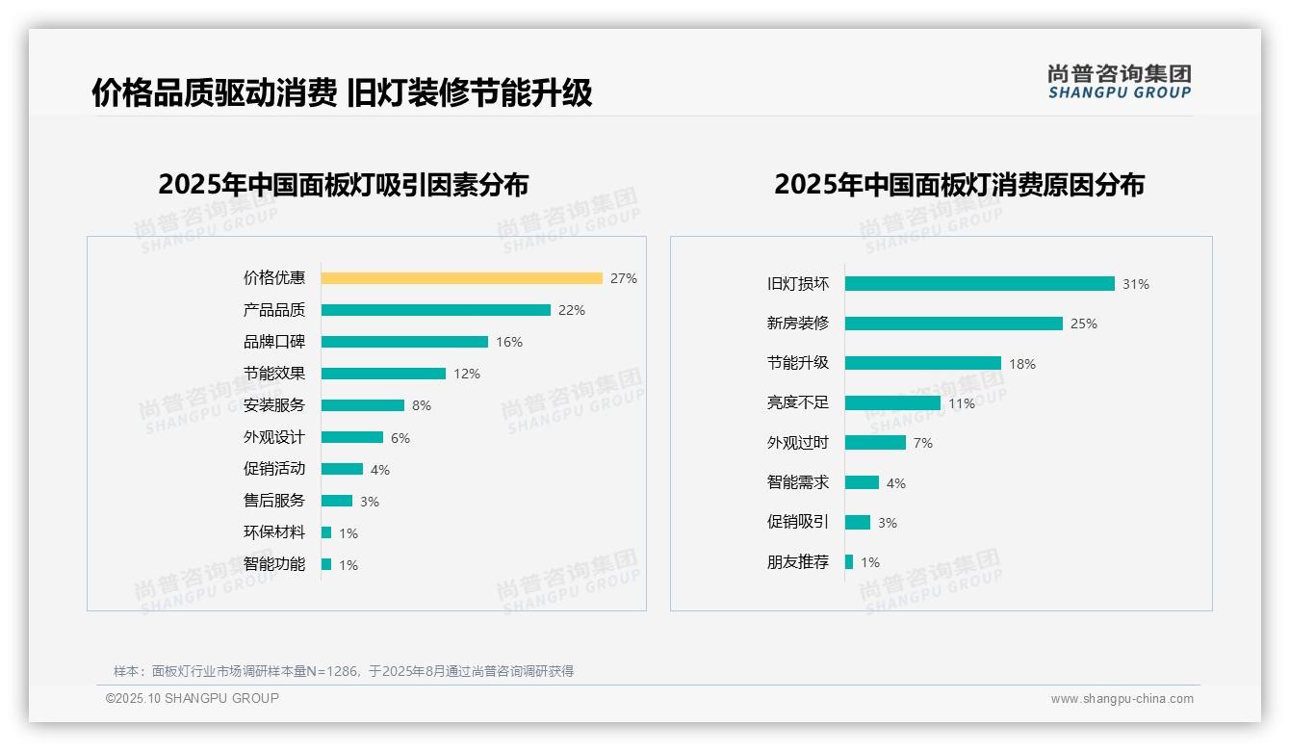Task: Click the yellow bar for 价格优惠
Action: [461, 278]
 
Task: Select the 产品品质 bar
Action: [435, 310]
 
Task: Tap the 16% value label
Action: [509, 342]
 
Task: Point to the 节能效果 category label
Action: [274, 374]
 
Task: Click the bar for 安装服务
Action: [362, 405]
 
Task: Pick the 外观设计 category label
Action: [274, 437]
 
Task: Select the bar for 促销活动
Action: [342, 469]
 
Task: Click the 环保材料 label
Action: [274, 532]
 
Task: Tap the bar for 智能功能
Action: [326, 564]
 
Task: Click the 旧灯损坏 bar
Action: [979, 284]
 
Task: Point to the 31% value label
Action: [1136, 284]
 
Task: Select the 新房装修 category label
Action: [798, 324]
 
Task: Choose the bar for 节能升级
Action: [922, 363]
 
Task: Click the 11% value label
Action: [962, 403]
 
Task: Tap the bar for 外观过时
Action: [875, 443]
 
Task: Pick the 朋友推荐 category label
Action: [798, 562]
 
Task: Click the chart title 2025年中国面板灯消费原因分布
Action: [959, 185]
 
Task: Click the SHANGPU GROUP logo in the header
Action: [1119, 82]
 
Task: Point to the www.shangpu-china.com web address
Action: [1122, 699]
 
